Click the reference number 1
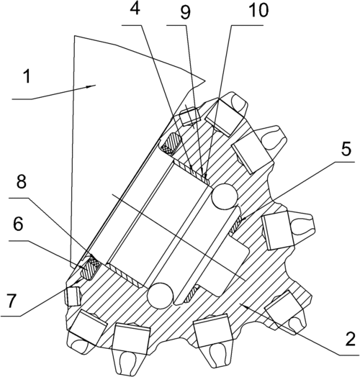[27, 76]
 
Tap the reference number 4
[135, 9]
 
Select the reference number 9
[186, 13]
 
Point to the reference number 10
[258, 10]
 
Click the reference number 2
[350, 339]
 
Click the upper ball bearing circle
[225, 196]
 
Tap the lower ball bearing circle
[161, 296]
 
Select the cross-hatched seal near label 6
[91, 268]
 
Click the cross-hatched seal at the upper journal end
[170, 144]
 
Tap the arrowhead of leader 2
[245, 306]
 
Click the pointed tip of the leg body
[205, 81]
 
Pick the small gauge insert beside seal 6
[72, 296]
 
